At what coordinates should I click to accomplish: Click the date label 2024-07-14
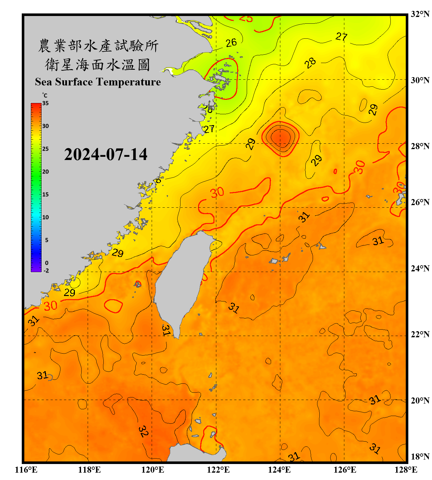[x=106, y=155]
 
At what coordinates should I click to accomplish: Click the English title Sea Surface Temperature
[x=98, y=82]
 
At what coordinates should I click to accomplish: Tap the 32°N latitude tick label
[x=420, y=14]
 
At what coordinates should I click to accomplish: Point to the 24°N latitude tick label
[x=420, y=268]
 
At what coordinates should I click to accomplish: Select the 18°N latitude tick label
[x=420, y=456]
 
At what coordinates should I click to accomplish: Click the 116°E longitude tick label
[x=26, y=470]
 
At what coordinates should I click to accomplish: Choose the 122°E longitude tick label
[x=218, y=470]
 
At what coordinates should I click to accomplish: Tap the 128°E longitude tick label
[x=406, y=470]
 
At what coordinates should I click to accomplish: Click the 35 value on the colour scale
[x=45, y=103]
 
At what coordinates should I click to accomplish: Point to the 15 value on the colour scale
[x=45, y=194]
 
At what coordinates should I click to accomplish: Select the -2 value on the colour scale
[x=46, y=270]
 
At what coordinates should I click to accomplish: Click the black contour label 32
[x=143, y=431]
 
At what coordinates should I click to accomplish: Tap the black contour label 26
[x=231, y=43]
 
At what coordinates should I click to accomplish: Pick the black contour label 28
[x=310, y=63]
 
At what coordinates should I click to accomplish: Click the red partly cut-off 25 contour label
[x=246, y=19]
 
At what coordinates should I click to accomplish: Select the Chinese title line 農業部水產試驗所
[x=98, y=46]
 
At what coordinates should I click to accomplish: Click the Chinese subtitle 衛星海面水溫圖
[x=98, y=65]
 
